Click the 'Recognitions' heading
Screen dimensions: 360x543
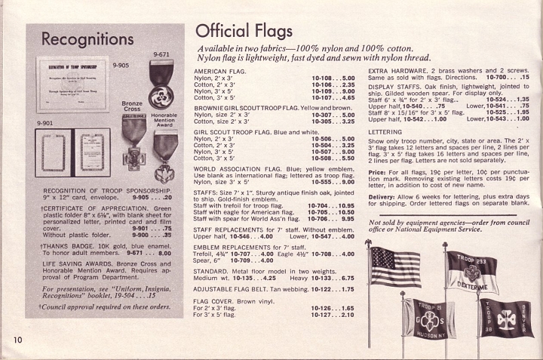coord(87,38)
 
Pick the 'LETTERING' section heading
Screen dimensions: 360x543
coord(385,131)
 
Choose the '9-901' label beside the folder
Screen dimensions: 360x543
coord(38,122)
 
